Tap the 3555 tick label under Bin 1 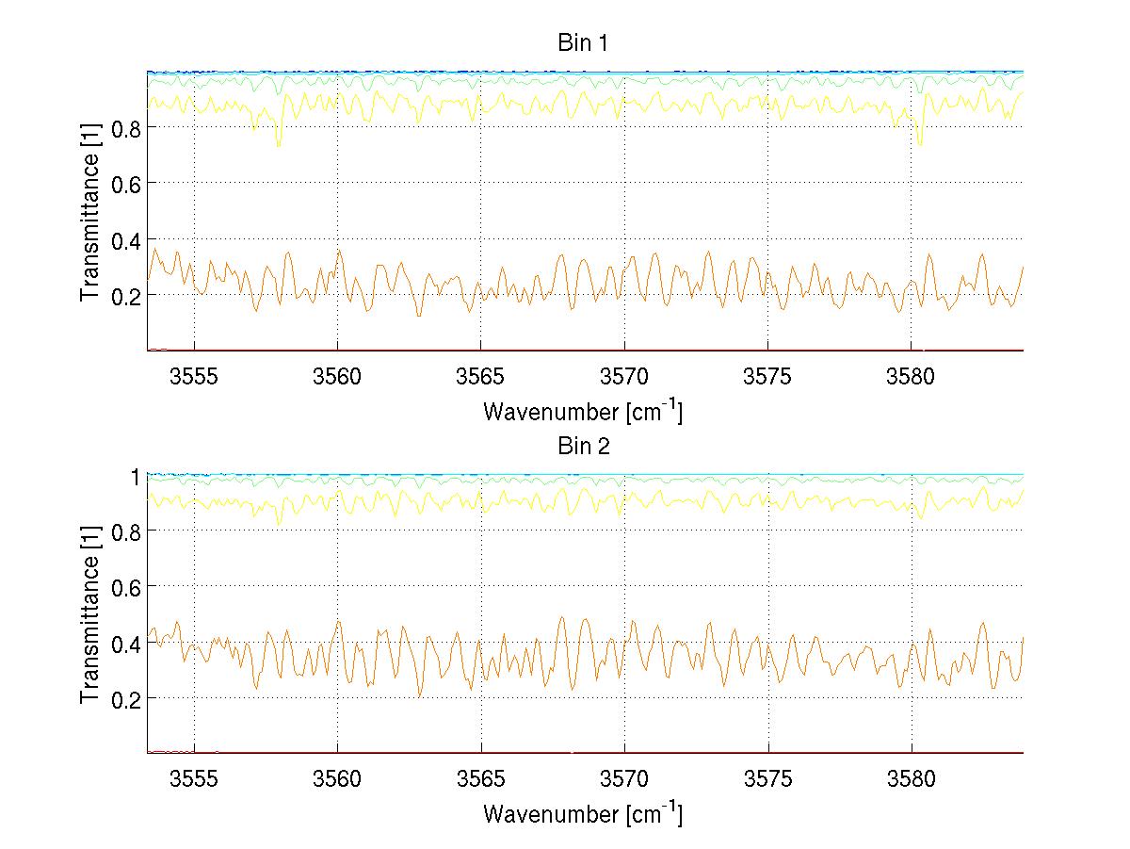194,377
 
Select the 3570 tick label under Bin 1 624,377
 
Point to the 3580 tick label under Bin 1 912,377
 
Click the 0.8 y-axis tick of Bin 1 126,127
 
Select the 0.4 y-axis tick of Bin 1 126,239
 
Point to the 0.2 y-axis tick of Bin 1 126,295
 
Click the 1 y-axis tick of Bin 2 135,476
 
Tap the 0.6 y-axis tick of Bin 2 126,587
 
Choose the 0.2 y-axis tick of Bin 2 126,698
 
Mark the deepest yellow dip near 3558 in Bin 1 278,144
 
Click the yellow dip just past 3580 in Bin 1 920,144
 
